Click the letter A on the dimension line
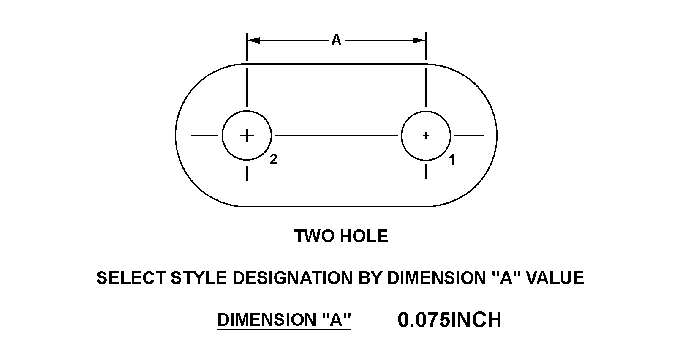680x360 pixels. [x=336, y=40]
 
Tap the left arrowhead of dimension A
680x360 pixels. [x=253, y=40]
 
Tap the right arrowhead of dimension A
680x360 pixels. [x=419, y=40]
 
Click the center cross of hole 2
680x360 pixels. [x=247, y=136]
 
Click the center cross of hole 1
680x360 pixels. [x=426, y=136]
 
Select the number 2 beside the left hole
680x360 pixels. [x=273, y=159]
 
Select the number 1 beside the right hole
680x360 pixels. [x=452, y=160]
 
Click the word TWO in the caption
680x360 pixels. [x=315, y=236]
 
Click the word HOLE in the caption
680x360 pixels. [x=364, y=236]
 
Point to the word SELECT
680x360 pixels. [x=131, y=278]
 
